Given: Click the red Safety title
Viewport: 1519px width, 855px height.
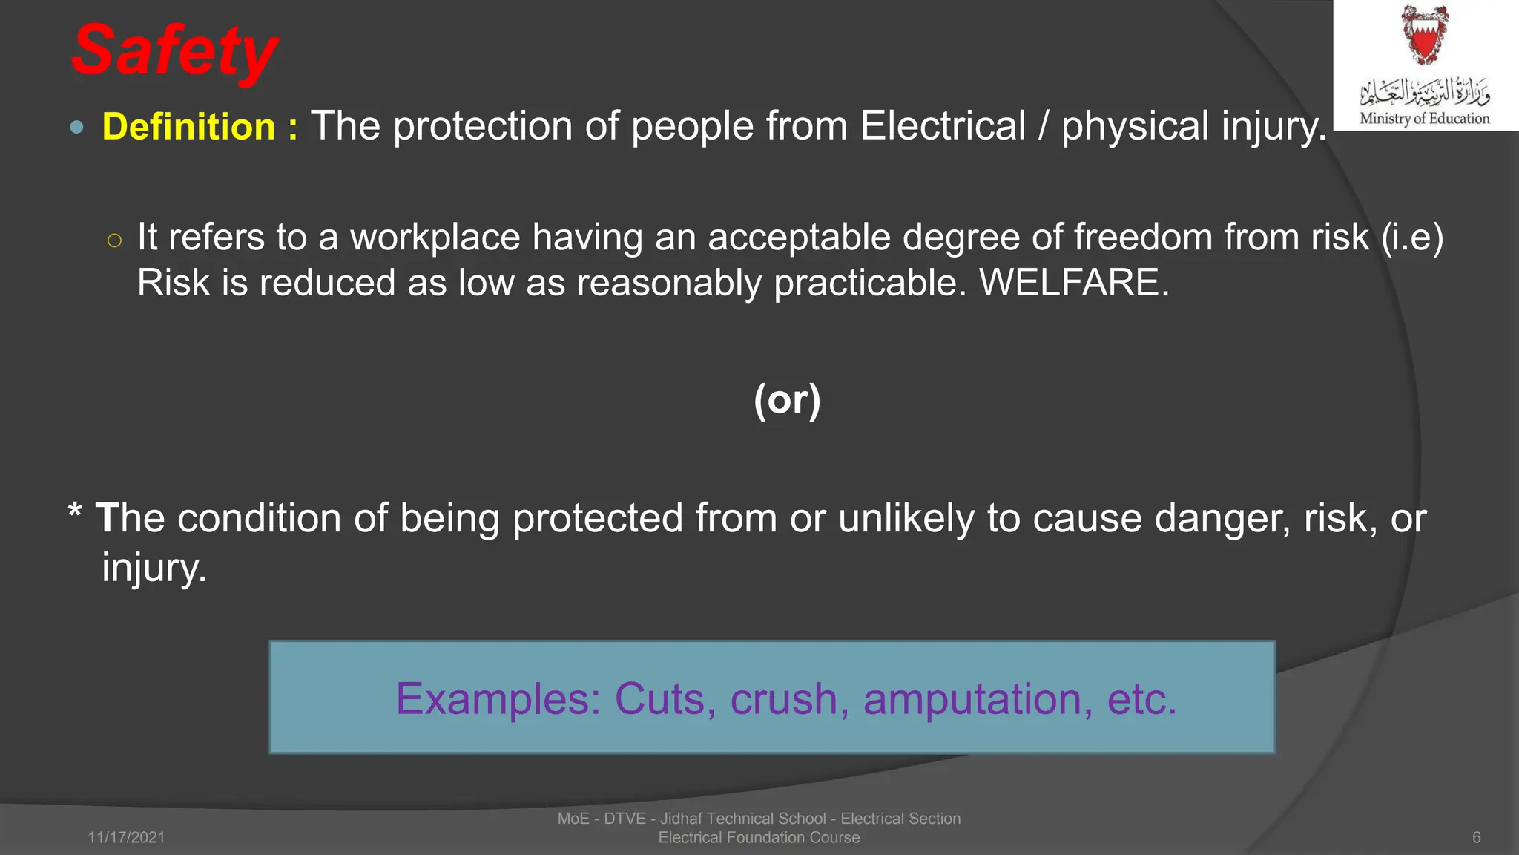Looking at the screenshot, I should click(x=175, y=50).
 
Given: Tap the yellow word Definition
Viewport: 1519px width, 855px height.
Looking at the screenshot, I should click(x=189, y=126).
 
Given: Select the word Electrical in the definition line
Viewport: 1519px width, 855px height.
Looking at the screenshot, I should click(x=943, y=125).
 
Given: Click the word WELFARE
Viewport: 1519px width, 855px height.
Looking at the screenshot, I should click(x=1073, y=283).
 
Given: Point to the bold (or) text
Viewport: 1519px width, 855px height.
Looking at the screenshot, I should click(x=787, y=400).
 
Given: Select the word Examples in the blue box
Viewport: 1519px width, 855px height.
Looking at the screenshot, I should click(x=498, y=699).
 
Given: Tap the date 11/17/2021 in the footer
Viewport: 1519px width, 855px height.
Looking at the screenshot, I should click(x=126, y=837).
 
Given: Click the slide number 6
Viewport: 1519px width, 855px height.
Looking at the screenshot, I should click(x=1476, y=837).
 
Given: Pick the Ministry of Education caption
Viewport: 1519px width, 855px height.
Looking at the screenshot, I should click(x=1424, y=118).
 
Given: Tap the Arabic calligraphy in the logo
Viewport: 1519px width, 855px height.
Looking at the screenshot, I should click(x=1424, y=91).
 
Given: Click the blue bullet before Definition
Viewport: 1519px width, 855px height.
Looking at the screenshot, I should click(x=76, y=128).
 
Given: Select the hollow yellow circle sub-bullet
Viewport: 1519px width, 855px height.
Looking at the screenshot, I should click(x=113, y=240).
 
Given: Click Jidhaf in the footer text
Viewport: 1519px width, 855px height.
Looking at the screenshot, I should click(x=681, y=819).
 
